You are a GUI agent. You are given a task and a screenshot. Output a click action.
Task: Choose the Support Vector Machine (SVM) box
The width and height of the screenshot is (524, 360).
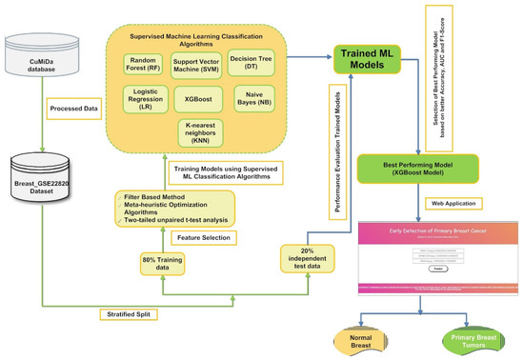(x=199, y=64)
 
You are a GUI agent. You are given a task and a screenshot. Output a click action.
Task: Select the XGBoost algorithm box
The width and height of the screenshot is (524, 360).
(x=199, y=98)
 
